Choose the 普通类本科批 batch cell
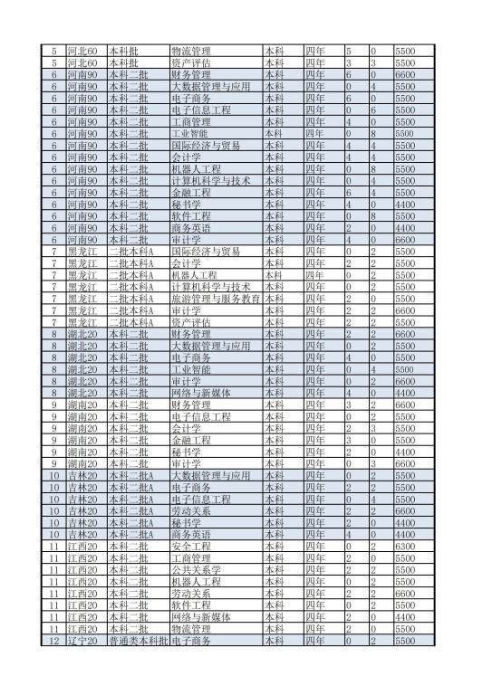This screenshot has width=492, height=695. point(137,641)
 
